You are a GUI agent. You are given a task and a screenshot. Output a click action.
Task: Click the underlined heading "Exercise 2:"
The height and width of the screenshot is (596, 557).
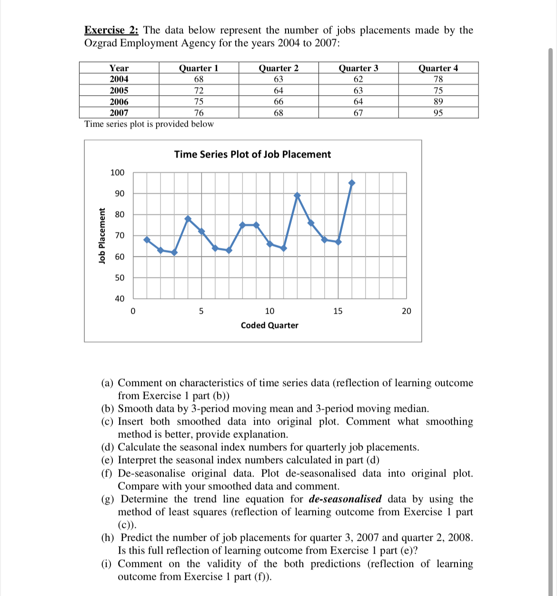pos(111,30)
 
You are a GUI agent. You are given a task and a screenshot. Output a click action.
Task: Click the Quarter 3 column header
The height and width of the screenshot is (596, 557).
pos(358,68)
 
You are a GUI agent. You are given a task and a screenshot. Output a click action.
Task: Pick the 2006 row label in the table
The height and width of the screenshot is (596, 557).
pos(119,102)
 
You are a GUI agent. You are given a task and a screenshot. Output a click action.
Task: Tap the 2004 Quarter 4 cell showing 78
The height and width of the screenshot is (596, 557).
pos(438,79)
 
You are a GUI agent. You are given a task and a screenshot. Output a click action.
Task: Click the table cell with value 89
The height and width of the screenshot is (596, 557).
pos(438,101)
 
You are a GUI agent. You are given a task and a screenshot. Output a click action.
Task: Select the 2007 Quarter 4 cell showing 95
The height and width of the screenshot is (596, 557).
pos(438,113)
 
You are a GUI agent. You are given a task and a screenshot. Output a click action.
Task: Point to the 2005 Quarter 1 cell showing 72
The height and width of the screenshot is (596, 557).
pos(199,90)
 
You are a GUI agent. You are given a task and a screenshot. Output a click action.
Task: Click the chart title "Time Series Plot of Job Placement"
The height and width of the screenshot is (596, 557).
pos(252,154)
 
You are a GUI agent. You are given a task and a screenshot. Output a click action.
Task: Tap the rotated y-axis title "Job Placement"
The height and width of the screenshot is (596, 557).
pos(101,236)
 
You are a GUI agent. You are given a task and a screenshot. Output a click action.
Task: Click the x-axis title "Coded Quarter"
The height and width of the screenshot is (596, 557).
pos(269,326)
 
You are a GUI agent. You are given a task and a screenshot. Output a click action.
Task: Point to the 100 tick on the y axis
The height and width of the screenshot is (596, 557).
pos(117,173)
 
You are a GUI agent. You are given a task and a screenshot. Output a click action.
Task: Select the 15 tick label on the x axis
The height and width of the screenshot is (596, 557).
pos(338,311)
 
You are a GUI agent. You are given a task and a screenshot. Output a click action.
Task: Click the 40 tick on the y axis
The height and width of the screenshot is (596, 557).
pos(119,299)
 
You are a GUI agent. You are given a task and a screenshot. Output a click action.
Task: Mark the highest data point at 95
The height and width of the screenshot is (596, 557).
pos(352,183)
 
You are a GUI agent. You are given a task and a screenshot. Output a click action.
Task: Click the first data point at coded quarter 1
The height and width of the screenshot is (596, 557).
pos(147,239)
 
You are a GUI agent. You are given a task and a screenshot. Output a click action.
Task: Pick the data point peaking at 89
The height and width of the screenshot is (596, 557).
pos(298,196)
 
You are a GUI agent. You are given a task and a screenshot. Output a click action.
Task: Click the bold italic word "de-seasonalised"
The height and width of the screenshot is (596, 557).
pos(345,499)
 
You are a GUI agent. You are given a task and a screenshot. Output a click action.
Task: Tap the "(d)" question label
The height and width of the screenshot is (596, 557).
pos(108,447)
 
